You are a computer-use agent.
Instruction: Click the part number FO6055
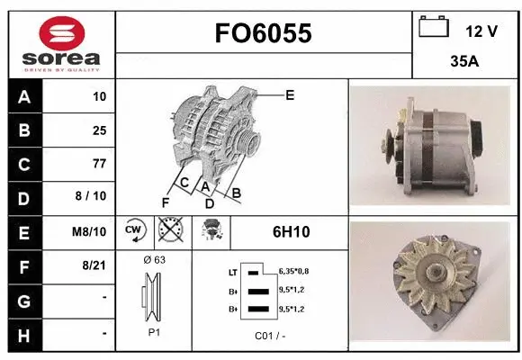point(263,33)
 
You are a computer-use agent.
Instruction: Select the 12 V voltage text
point(481,31)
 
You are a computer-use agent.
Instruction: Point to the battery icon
point(434,27)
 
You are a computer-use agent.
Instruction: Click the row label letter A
point(23,96)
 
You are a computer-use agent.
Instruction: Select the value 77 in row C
point(99,164)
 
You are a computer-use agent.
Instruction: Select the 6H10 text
point(291,231)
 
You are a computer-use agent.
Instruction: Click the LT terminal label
point(232,270)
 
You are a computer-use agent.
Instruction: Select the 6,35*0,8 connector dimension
point(293,270)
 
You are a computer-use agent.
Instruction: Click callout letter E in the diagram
point(290,94)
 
